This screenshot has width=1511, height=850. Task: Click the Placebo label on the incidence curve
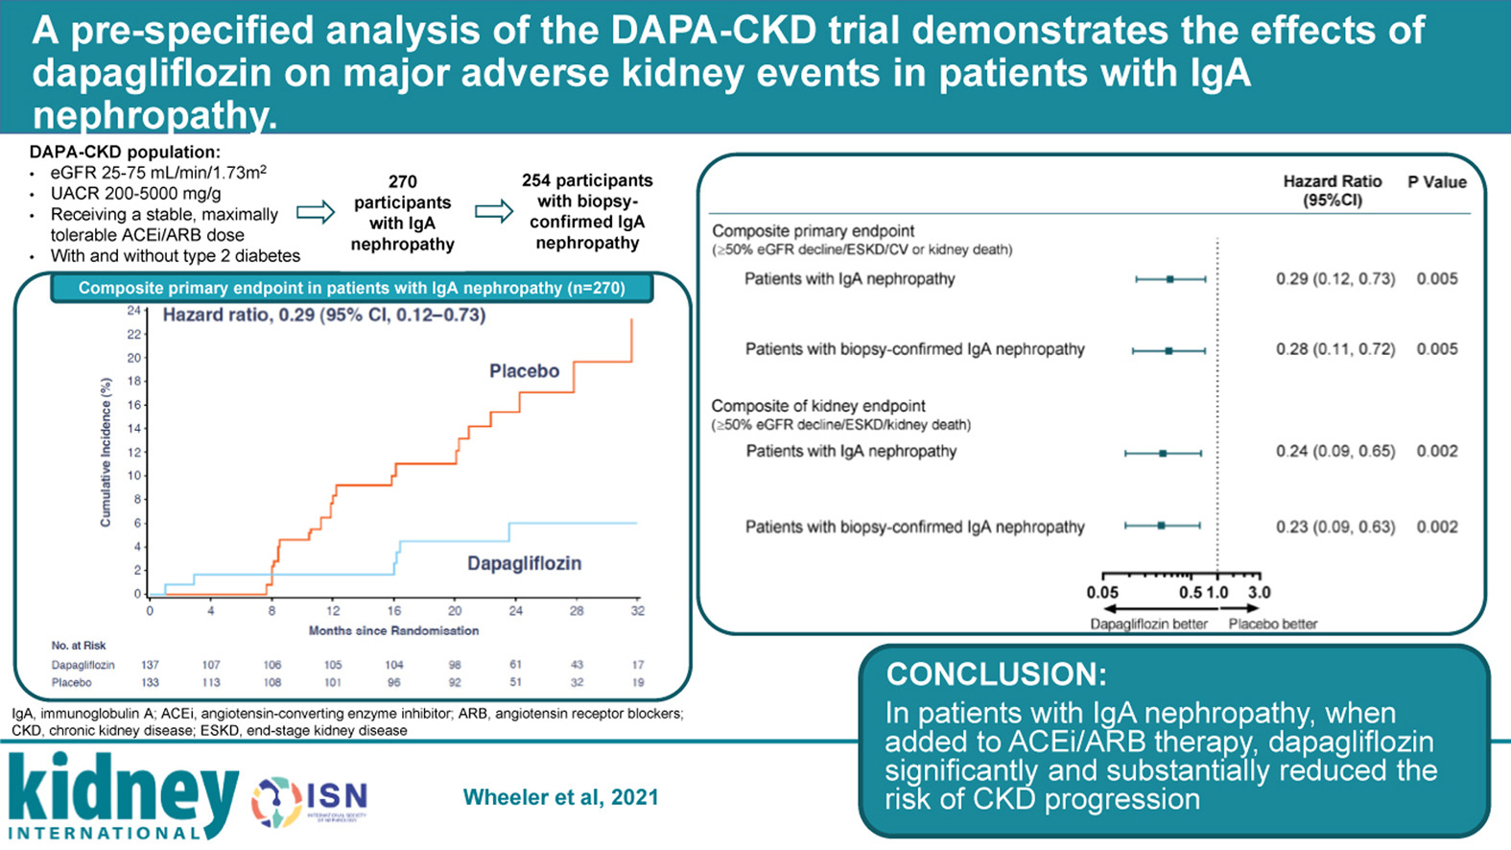(524, 371)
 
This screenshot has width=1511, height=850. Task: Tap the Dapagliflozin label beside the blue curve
(524, 563)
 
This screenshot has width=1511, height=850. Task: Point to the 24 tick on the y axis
(134, 311)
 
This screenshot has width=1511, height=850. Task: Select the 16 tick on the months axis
(394, 611)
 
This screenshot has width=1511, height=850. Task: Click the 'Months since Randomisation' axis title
(393, 630)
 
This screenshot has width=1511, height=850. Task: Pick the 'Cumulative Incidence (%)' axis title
(106, 452)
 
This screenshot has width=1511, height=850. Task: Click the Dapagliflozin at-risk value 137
(150, 665)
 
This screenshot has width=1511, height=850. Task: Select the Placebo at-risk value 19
(638, 683)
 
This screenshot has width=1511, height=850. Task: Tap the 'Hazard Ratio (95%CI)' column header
(1333, 190)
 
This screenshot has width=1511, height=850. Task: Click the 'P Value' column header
(1436, 182)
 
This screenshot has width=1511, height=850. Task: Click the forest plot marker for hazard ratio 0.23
(1161, 526)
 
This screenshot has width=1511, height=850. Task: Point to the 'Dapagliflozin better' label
(1148, 624)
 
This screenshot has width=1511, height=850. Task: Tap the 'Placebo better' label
(1273, 624)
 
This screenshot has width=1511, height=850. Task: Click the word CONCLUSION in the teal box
(996, 674)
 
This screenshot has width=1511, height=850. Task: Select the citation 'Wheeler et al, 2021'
(560, 797)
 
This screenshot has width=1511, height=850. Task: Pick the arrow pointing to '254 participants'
(494, 211)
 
